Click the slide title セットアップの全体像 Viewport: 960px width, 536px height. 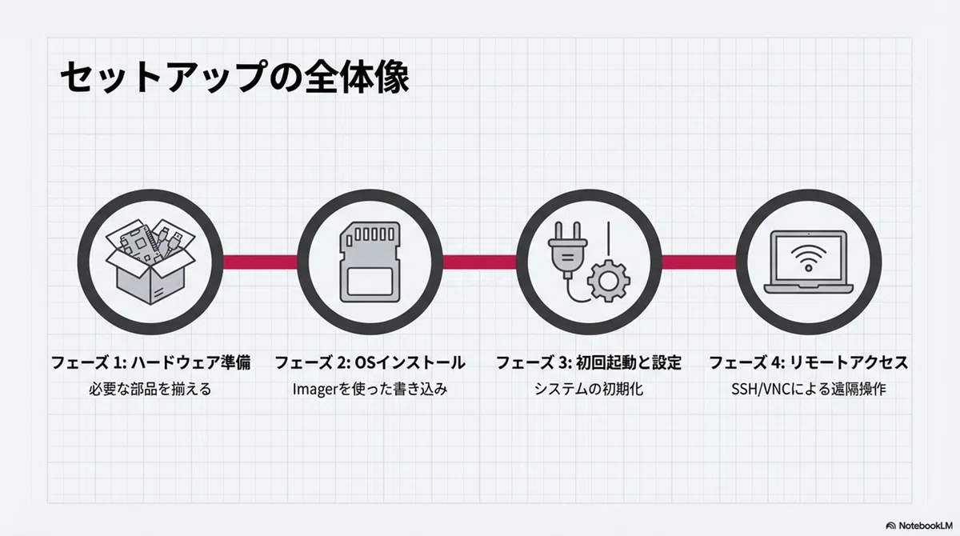[x=234, y=77]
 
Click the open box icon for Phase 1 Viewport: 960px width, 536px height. [x=150, y=262]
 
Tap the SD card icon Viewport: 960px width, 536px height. [x=370, y=262]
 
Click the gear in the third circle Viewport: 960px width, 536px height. [x=609, y=281]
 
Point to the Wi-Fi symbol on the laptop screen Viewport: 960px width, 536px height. [x=808, y=258]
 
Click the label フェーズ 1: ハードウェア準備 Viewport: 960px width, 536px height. [x=151, y=362]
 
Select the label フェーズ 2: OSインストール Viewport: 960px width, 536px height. [x=370, y=362]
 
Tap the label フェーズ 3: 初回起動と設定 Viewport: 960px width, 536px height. [x=589, y=362]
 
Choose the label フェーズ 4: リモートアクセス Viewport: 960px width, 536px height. [x=808, y=362]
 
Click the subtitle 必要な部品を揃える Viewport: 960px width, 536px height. [x=150, y=389]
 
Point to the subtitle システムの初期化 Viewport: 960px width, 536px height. [x=589, y=389]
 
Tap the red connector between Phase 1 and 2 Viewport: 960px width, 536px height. [x=260, y=262]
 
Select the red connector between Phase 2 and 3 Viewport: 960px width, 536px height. [x=479, y=262]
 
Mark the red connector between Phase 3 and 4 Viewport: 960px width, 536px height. [x=699, y=262]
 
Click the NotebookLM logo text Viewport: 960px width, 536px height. [x=926, y=526]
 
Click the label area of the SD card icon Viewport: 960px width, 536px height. [x=370, y=282]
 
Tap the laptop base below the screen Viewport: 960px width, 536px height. [x=808, y=288]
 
